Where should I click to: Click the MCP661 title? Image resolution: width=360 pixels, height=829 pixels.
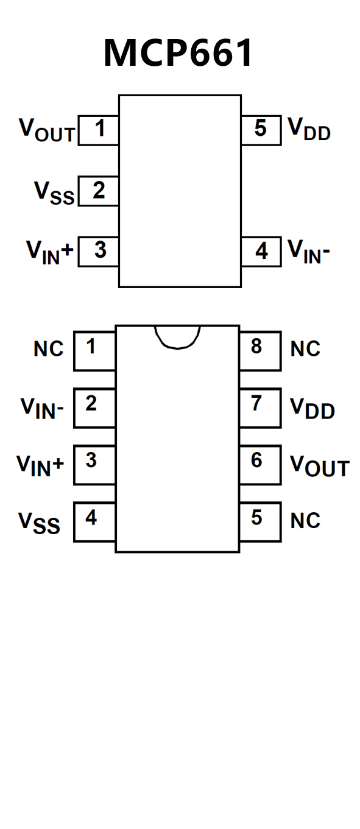(178, 53)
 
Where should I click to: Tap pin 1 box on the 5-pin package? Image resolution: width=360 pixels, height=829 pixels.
(99, 130)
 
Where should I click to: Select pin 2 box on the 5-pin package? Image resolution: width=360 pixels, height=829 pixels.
(99, 191)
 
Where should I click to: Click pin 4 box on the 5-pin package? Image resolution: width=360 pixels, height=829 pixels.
(261, 252)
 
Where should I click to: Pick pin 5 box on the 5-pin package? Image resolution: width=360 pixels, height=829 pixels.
(261, 130)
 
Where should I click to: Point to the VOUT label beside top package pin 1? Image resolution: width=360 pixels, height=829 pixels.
(47, 130)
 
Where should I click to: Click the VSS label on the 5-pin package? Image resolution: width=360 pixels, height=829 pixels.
(54, 193)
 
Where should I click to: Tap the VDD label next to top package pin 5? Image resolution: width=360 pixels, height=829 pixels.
(309, 129)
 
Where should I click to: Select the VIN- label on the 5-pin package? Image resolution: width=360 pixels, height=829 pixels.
(309, 252)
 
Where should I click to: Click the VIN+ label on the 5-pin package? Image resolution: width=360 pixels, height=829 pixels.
(49, 253)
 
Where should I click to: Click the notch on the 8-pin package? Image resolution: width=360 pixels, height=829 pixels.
(177, 337)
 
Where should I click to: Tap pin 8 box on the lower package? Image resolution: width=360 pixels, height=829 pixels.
(260, 351)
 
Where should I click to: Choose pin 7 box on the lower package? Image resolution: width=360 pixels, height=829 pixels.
(260, 408)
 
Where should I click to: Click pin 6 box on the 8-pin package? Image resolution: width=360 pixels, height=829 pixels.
(260, 465)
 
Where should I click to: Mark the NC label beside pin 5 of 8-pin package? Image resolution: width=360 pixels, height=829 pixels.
(305, 521)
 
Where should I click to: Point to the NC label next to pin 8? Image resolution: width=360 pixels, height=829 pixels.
(305, 349)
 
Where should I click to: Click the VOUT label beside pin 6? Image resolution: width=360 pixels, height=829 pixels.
(320, 466)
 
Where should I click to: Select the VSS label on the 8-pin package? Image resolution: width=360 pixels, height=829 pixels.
(39, 523)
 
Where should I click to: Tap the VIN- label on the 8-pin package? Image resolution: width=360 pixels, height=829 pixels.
(42, 409)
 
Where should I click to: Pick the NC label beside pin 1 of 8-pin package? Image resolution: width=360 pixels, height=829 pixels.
(49, 349)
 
